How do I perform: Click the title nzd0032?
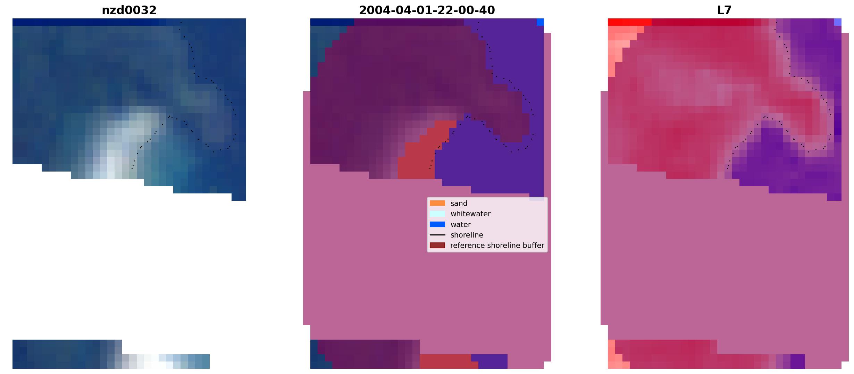[129, 10]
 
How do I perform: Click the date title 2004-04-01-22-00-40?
[427, 10]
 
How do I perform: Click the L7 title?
[725, 10]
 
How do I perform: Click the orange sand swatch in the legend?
[437, 203]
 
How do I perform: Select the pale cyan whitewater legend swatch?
[437, 214]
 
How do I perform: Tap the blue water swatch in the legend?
[437, 224]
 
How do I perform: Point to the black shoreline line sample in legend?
[437, 235]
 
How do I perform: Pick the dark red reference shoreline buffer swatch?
[437, 246]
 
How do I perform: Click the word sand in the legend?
[459, 203]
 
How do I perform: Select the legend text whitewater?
[470, 214]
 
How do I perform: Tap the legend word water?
[461, 225]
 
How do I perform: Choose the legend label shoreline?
[467, 235]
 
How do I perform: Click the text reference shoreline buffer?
[497, 246]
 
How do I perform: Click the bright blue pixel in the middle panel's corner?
[540, 22]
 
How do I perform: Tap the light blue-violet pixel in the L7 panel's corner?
[838, 22]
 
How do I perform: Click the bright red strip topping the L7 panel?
[629, 22]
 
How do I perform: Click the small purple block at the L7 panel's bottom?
[798, 361]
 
